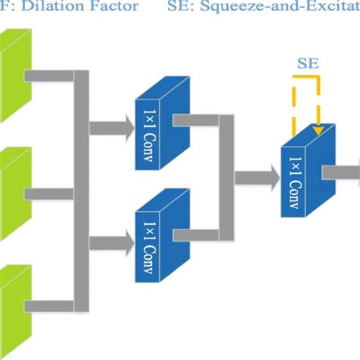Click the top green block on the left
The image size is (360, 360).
point(14,76)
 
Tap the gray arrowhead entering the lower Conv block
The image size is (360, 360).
point(124,243)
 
